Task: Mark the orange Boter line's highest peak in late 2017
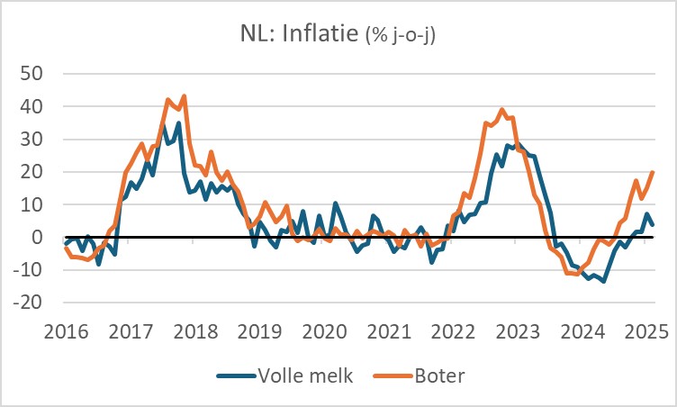[185, 95]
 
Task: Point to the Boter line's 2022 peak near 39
[502, 110]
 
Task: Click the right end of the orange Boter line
[653, 172]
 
